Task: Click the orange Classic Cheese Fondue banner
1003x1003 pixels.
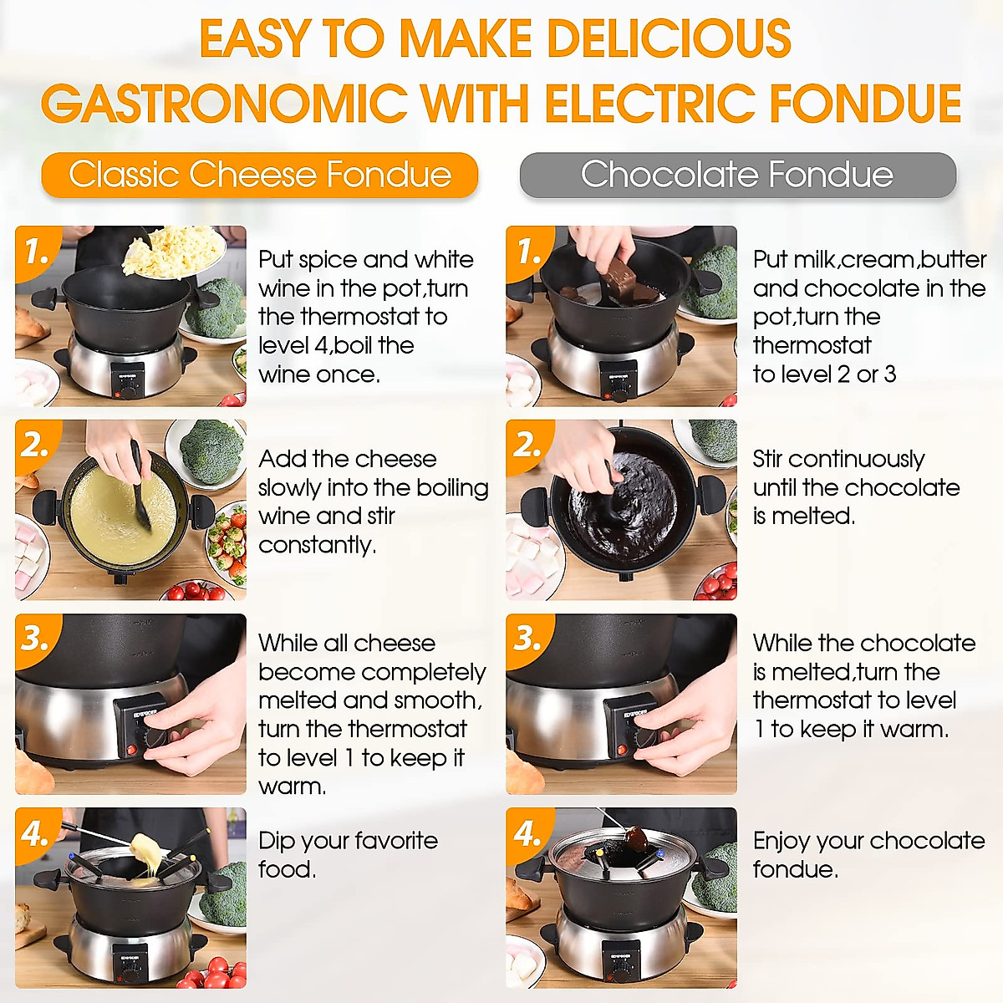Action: [x=259, y=176]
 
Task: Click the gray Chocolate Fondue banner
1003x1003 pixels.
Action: [x=737, y=176]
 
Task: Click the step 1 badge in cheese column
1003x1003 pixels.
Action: [x=35, y=249]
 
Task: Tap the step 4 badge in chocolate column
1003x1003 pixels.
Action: [x=527, y=832]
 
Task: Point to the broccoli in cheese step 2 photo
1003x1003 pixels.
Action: [x=211, y=451]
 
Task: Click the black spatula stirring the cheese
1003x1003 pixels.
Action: [x=140, y=489]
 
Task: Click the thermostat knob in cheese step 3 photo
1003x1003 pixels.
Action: [x=155, y=738]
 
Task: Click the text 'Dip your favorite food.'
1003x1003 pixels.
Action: [x=347, y=854]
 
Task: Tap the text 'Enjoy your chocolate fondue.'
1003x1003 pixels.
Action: [x=868, y=854]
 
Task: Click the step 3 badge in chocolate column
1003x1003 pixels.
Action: [x=527, y=638]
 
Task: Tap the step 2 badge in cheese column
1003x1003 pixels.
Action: [x=35, y=444]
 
